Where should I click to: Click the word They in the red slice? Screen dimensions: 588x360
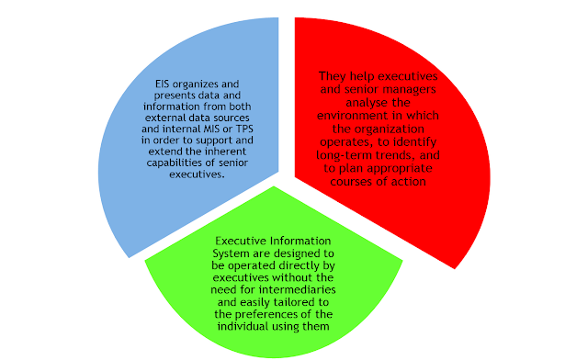(x=334, y=77)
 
